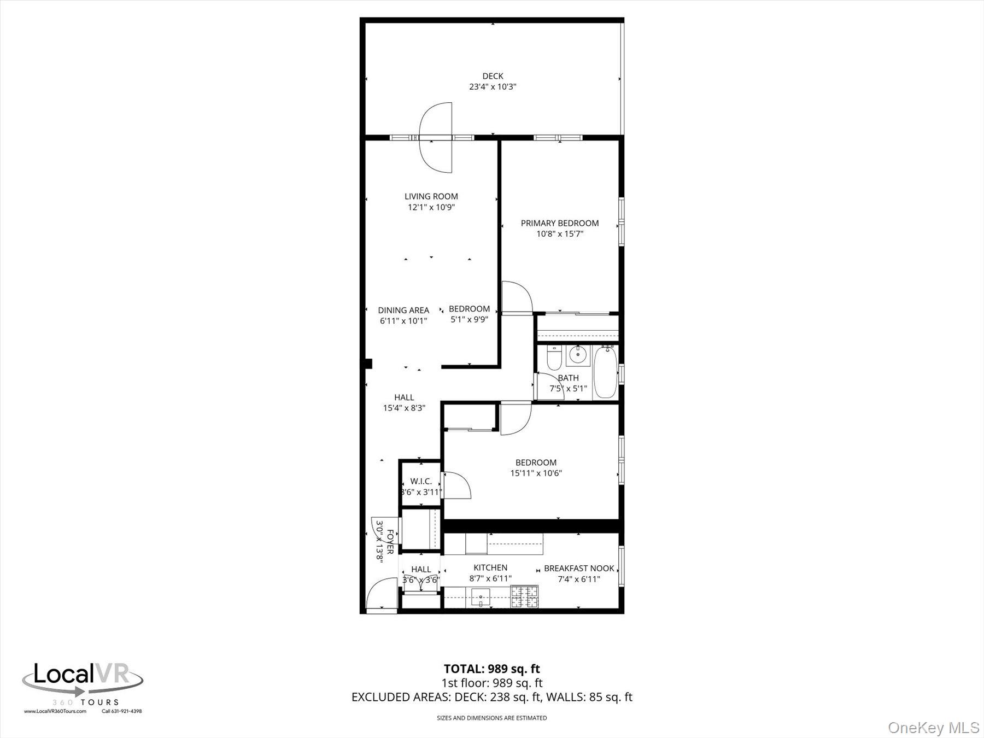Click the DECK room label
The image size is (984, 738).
pos(493,76)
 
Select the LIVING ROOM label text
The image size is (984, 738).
pos(431,196)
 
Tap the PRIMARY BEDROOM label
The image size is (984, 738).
pos(559,223)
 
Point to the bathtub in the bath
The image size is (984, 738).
pos(605,372)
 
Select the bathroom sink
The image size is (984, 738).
pos(576,356)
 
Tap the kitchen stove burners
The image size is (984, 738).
pos(524,596)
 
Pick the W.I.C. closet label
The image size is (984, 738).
pos(421,481)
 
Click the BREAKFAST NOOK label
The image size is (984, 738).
pos(579,569)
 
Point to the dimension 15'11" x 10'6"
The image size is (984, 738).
pos(536,473)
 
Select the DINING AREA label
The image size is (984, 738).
pos(403,311)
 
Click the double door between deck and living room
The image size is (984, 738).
pos(436,138)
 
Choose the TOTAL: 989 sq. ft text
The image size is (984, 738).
pos(491,669)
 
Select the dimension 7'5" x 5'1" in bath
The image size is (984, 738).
pos(568,389)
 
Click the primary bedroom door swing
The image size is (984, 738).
pos(517,298)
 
